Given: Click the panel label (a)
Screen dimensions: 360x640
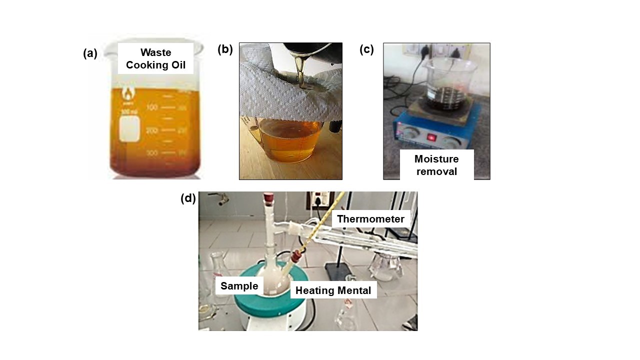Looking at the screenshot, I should pyautogui.click(x=90, y=53).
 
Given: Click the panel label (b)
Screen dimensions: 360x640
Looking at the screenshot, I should pyautogui.click(x=225, y=49).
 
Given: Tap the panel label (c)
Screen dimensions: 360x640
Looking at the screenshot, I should pyautogui.click(x=366, y=49).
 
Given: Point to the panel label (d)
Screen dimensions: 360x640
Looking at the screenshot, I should pyautogui.click(x=188, y=198).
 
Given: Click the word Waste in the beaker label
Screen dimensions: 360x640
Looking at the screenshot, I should pyautogui.click(x=155, y=52).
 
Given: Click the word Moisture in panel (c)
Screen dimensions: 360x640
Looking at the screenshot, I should pyautogui.click(x=436, y=159).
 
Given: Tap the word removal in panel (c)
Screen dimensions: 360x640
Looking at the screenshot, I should pyautogui.click(x=436, y=171).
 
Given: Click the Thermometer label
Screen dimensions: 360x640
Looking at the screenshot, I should pyautogui.click(x=370, y=218).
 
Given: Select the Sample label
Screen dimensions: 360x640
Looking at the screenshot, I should pyautogui.click(x=239, y=286).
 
